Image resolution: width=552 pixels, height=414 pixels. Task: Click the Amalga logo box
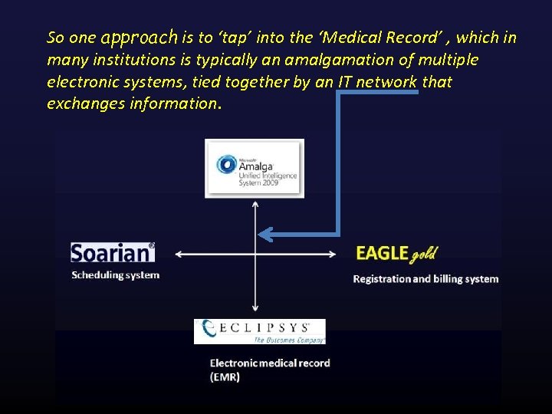(255, 169)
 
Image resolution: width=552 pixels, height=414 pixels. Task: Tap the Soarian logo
(112, 253)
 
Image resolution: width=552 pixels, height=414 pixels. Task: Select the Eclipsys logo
(260, 331)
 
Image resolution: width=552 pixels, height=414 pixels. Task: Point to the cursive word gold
(424, 254)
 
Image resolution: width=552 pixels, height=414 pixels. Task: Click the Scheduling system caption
(115, 275)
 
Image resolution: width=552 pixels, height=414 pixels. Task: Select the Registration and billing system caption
(426, 279)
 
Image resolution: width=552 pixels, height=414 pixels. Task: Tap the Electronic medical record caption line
(270, 363)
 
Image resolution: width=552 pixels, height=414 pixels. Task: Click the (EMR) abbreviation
(225, 376)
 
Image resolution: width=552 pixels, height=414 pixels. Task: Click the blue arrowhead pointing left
(264, 233)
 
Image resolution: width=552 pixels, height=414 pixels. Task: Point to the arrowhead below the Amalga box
(255, 204)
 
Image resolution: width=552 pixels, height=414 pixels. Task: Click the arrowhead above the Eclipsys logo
(255, 310)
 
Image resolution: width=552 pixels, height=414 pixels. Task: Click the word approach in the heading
(139, 37)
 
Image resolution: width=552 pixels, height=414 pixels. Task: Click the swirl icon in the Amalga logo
(226, 164)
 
